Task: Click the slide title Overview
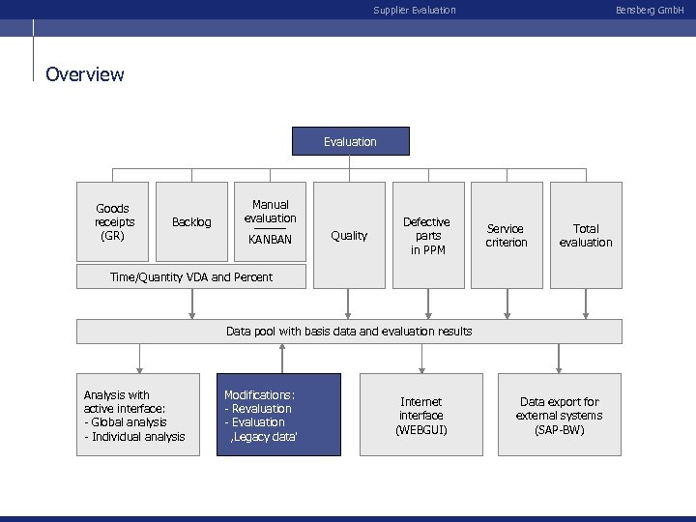[85, 74]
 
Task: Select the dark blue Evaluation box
[351, 142]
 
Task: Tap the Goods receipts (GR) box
[113, 221]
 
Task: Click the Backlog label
[191, 222]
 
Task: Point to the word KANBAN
[270, 239]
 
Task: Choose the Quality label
[349, 236]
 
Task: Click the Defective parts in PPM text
[426, 236]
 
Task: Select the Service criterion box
[507, 236]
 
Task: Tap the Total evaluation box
[586, 236]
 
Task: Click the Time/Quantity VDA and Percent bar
[191, 277]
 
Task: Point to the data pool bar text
[349, 332]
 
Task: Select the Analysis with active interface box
[138, 415]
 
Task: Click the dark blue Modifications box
[278, 415]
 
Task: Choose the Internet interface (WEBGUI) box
[420, 415]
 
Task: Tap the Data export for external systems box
[560, 415]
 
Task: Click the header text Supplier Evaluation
[415, 11]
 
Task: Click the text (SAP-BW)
[559, 429]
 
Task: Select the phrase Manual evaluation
[270, 211]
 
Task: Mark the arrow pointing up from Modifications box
[282, 359]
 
